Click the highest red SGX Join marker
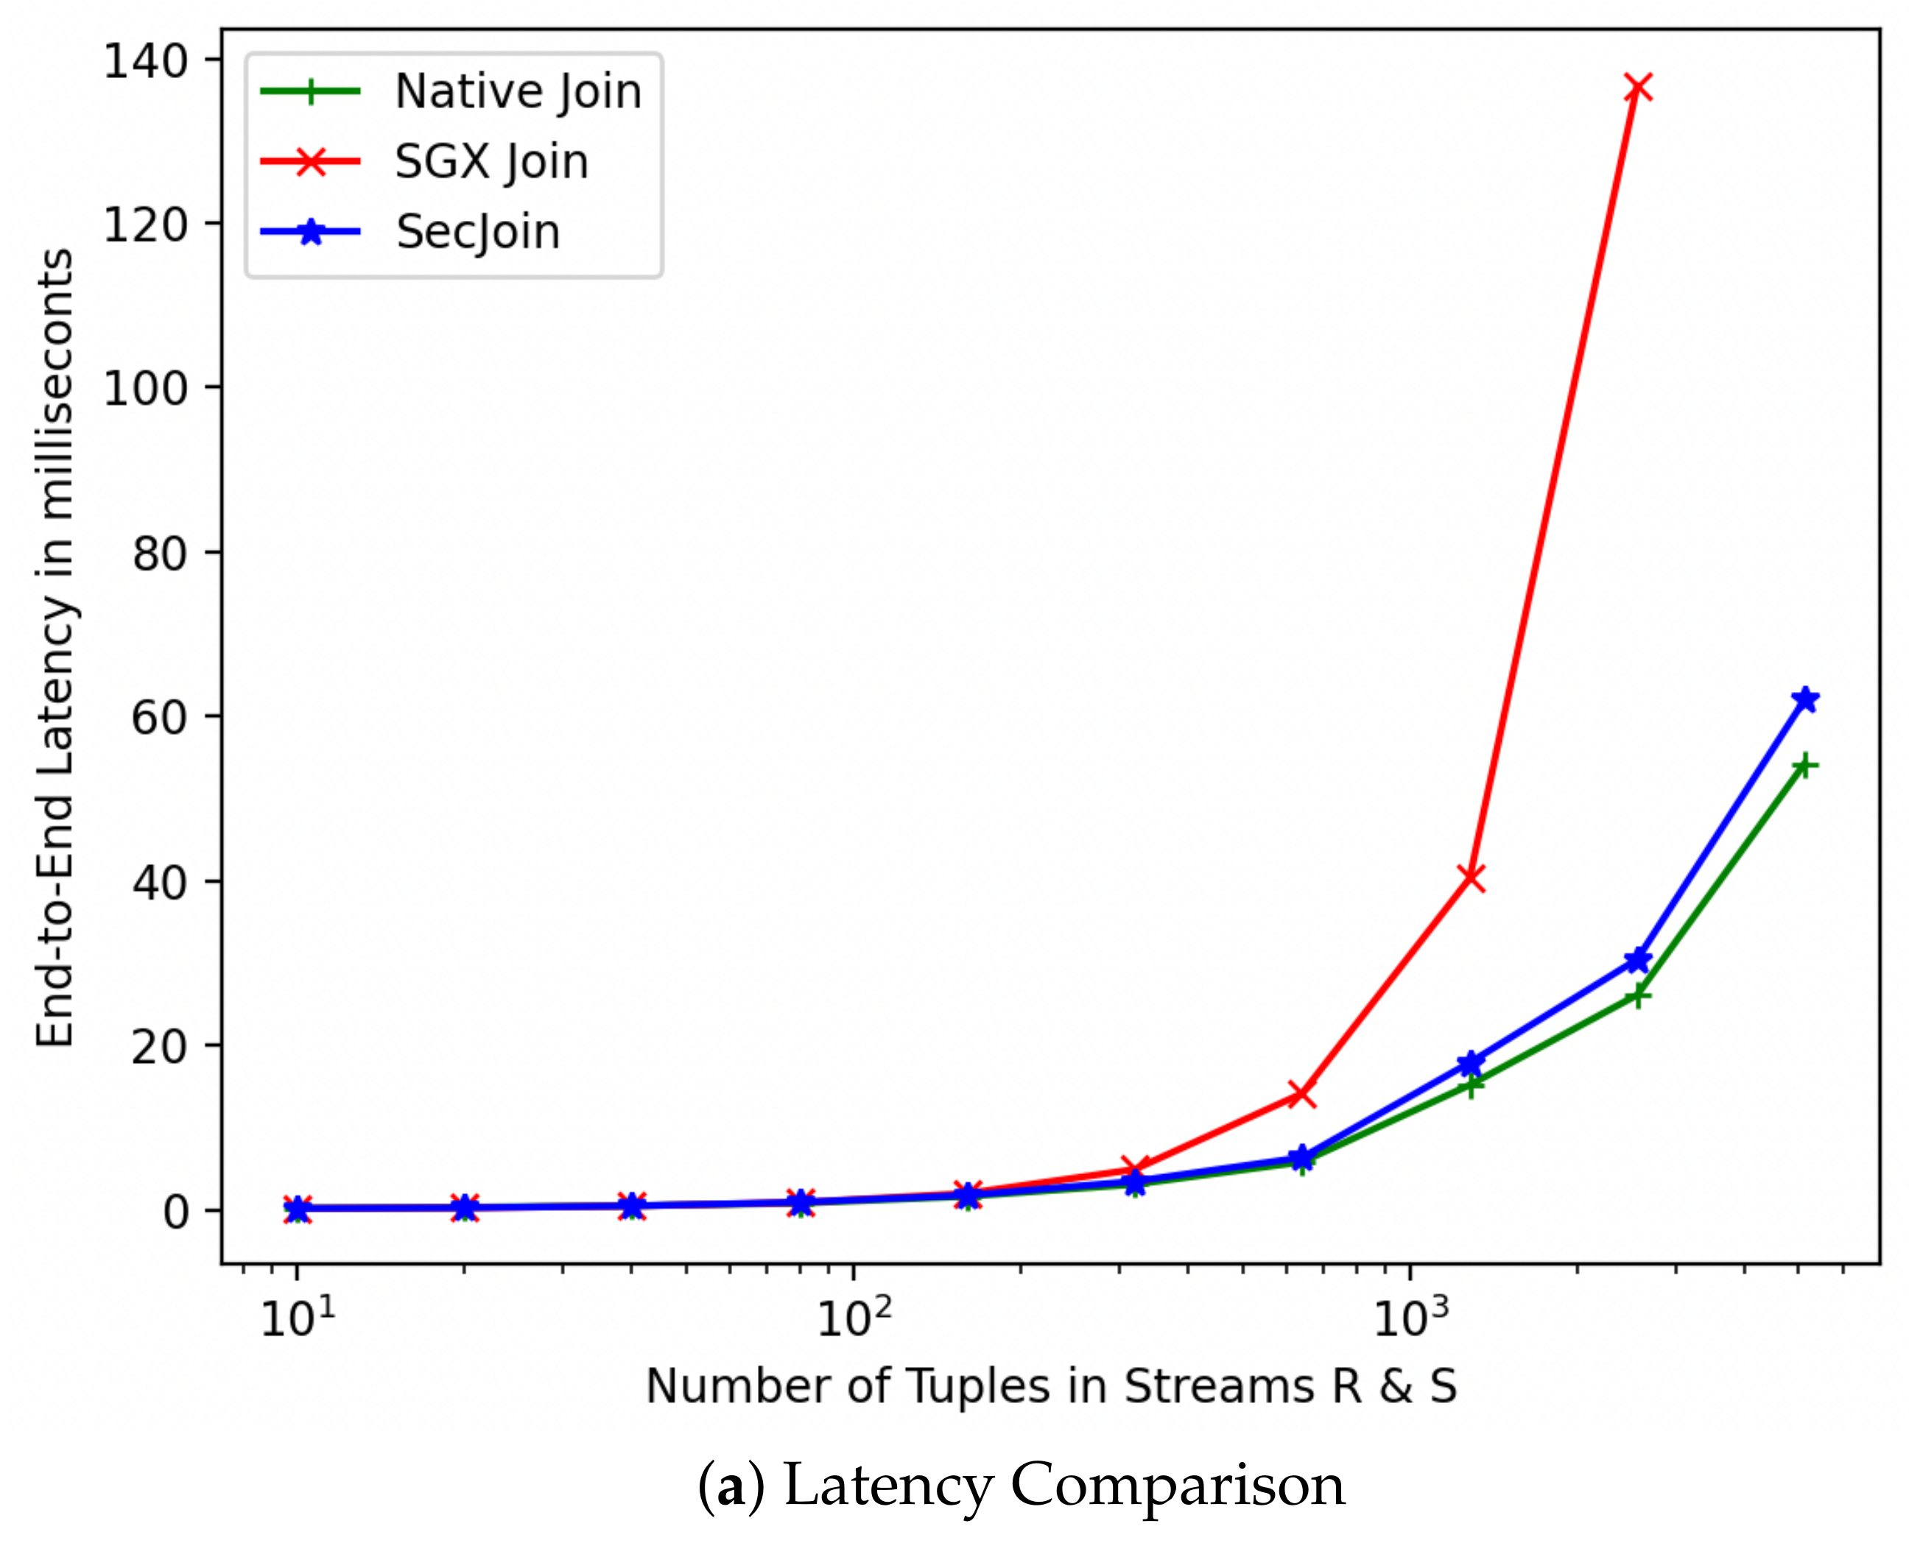tap(1638, 88)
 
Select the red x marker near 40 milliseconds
tap(1472, 878)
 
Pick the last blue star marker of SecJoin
tap(1805, 699)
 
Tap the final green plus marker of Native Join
tap(1805, 766)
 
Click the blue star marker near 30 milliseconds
tap(1638, 960)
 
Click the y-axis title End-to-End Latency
tap(55, 649)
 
